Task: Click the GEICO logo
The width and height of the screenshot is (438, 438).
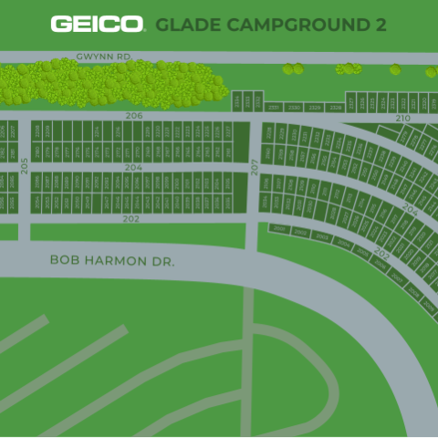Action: (x=97, y=24)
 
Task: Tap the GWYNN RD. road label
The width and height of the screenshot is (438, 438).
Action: (x=104, y=57)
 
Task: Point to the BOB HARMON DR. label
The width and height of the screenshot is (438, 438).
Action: (x=111, y=261)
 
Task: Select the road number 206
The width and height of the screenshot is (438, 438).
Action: (x=134, y=116)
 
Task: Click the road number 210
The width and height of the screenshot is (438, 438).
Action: (x=402, y=119)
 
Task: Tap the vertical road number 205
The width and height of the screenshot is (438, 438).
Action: (x=25, y=166)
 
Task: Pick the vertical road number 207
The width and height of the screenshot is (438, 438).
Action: (x=255, y=167)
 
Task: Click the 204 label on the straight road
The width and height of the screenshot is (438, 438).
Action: (x=133, y=168)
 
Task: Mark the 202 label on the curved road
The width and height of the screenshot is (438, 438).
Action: (x=381, y=255)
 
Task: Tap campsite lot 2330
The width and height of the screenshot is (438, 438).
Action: (x=294, y=108)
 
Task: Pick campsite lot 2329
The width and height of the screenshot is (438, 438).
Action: (x=315, y=108)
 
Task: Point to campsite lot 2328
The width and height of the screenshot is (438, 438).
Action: (x=336, y=108)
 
